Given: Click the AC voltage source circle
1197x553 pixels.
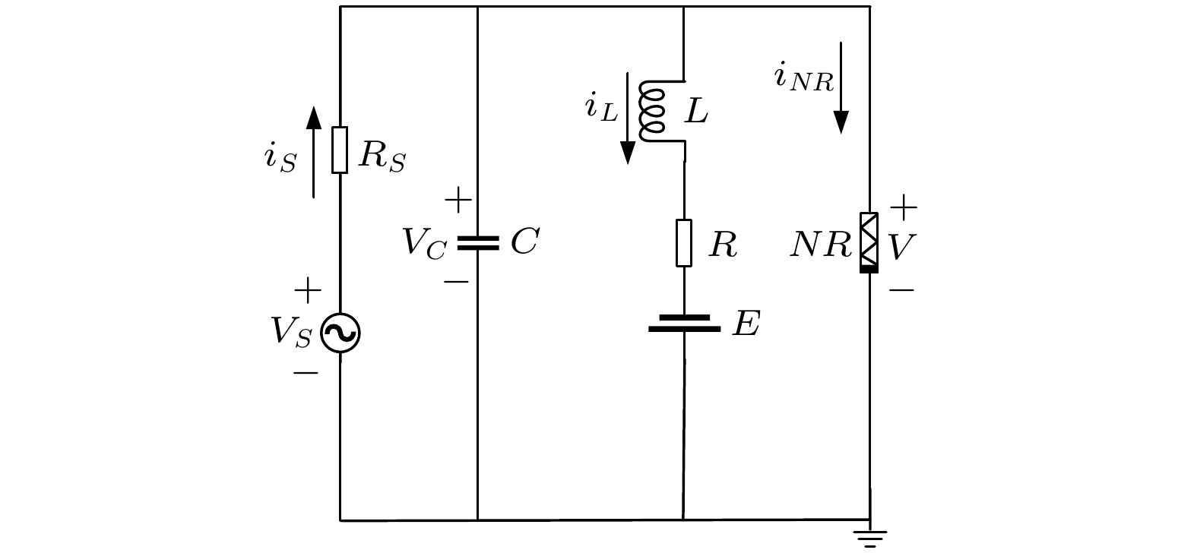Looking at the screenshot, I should (340, 333).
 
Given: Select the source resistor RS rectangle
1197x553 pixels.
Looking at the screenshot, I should (340, 150).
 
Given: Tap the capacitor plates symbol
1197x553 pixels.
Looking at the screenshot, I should (477, 243).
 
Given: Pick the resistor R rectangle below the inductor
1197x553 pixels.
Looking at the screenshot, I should (684, 243).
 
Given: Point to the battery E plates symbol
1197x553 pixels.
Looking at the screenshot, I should (684, 324).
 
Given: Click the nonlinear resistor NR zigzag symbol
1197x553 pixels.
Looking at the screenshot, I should (869, 242).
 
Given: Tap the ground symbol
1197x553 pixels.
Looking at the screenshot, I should (870, 537).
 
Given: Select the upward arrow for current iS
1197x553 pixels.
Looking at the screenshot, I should (313, 152).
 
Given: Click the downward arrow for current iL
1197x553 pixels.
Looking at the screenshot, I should (628, 118).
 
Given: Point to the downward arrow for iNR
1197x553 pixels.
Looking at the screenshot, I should (841, 88).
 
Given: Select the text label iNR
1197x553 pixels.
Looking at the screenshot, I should (803, 77).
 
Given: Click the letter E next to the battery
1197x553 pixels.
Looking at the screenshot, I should (746, 324).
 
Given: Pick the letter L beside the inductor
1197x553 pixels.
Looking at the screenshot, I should (696, 112).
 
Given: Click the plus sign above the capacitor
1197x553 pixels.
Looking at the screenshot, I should (458, 201).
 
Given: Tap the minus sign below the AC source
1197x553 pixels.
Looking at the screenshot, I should (306, 373).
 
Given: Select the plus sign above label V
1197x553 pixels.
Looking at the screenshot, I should (904, 207).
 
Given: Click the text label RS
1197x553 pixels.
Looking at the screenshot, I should (382, 156).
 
